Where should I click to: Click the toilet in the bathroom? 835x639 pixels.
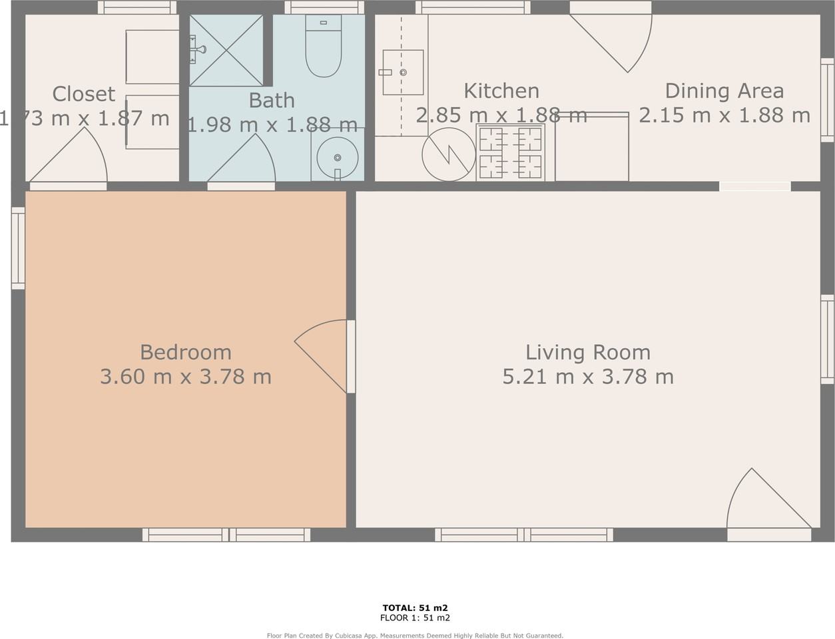323,47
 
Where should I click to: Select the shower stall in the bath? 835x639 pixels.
226,50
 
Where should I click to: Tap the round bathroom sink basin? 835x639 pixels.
338,158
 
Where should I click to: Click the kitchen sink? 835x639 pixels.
403,72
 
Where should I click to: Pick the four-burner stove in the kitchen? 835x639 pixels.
511,152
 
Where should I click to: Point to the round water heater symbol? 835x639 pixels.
449,154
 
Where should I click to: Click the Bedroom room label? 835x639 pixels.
186,352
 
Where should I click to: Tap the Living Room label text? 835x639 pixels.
588,352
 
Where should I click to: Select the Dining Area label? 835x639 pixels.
724,91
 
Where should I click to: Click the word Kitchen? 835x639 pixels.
501,91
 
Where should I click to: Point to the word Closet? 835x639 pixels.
84,94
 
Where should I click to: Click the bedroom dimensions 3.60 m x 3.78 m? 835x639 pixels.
186,377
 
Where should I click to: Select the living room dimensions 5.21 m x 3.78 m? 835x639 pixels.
588,377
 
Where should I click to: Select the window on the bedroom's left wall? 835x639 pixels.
18,248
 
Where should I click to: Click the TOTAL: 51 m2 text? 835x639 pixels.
415,608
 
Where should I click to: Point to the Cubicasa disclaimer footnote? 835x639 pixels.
415,636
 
